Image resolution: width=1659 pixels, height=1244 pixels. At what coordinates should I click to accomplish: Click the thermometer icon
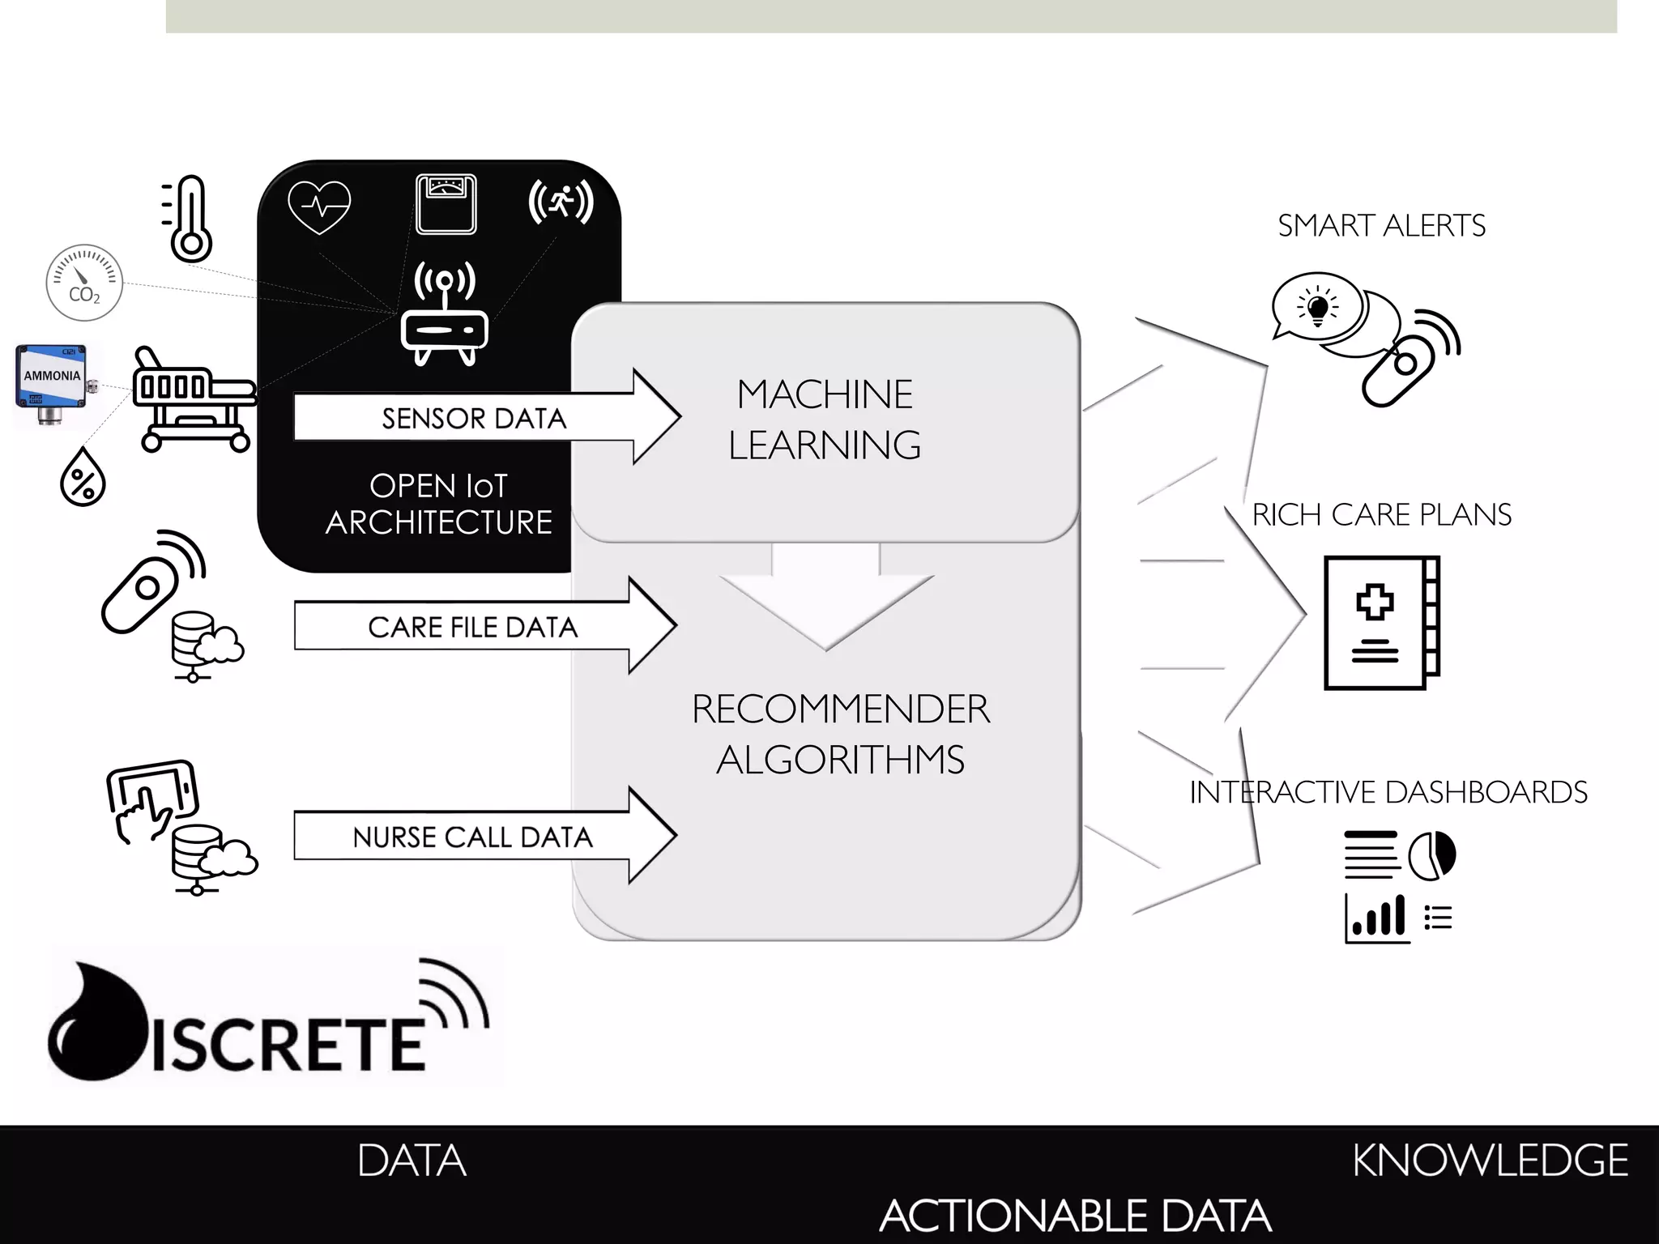point(190,219)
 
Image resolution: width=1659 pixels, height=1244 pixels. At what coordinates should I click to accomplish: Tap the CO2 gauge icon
point(84,283)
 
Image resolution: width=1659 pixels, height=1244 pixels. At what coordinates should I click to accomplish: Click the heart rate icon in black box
point(319,207)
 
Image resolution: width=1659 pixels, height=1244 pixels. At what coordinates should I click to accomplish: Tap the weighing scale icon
point(446,204)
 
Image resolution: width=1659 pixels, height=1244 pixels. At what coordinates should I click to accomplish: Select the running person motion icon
point(561,201)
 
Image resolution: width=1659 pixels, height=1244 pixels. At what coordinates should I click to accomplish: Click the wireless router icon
point(445,315)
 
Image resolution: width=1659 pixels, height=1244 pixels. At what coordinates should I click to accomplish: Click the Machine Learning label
point(825,420)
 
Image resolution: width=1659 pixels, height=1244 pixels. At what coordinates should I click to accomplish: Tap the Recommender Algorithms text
point(840,734)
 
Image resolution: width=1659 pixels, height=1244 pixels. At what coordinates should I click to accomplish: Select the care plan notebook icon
point(1381,622)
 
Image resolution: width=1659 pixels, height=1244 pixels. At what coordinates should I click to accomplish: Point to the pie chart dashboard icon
point(1431,855)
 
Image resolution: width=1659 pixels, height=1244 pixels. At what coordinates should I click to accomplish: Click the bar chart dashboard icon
point(1377,918)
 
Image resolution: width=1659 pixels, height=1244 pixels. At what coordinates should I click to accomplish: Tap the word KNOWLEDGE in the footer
point(1489,1160)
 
